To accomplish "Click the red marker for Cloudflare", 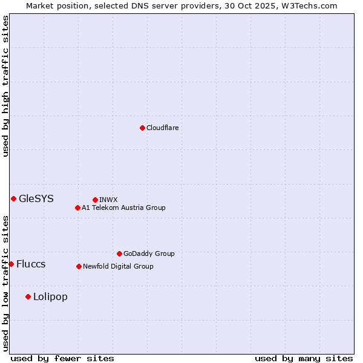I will [142, 128].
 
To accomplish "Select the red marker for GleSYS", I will [13, 198].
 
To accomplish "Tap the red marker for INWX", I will [95, 200].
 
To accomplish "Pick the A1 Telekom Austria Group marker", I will [77, 208].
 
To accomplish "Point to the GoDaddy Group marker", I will [119, 253].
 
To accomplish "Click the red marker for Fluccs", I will [11, 264].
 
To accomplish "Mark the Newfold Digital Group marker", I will [79, 266].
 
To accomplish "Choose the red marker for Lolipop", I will [28, 296].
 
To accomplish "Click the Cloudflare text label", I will [162, 128].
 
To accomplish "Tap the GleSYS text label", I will [36, 198].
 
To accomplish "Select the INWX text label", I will [108, 200].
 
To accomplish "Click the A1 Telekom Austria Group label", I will [123, 208].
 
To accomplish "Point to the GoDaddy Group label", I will [149, 253].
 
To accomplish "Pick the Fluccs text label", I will [31, 264].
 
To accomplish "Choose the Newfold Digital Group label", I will [118, 266].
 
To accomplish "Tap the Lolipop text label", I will [50, 296].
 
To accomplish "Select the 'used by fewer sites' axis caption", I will [62, 358].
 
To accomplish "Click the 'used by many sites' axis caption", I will [304, 358].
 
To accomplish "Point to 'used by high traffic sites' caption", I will [5, 86].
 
